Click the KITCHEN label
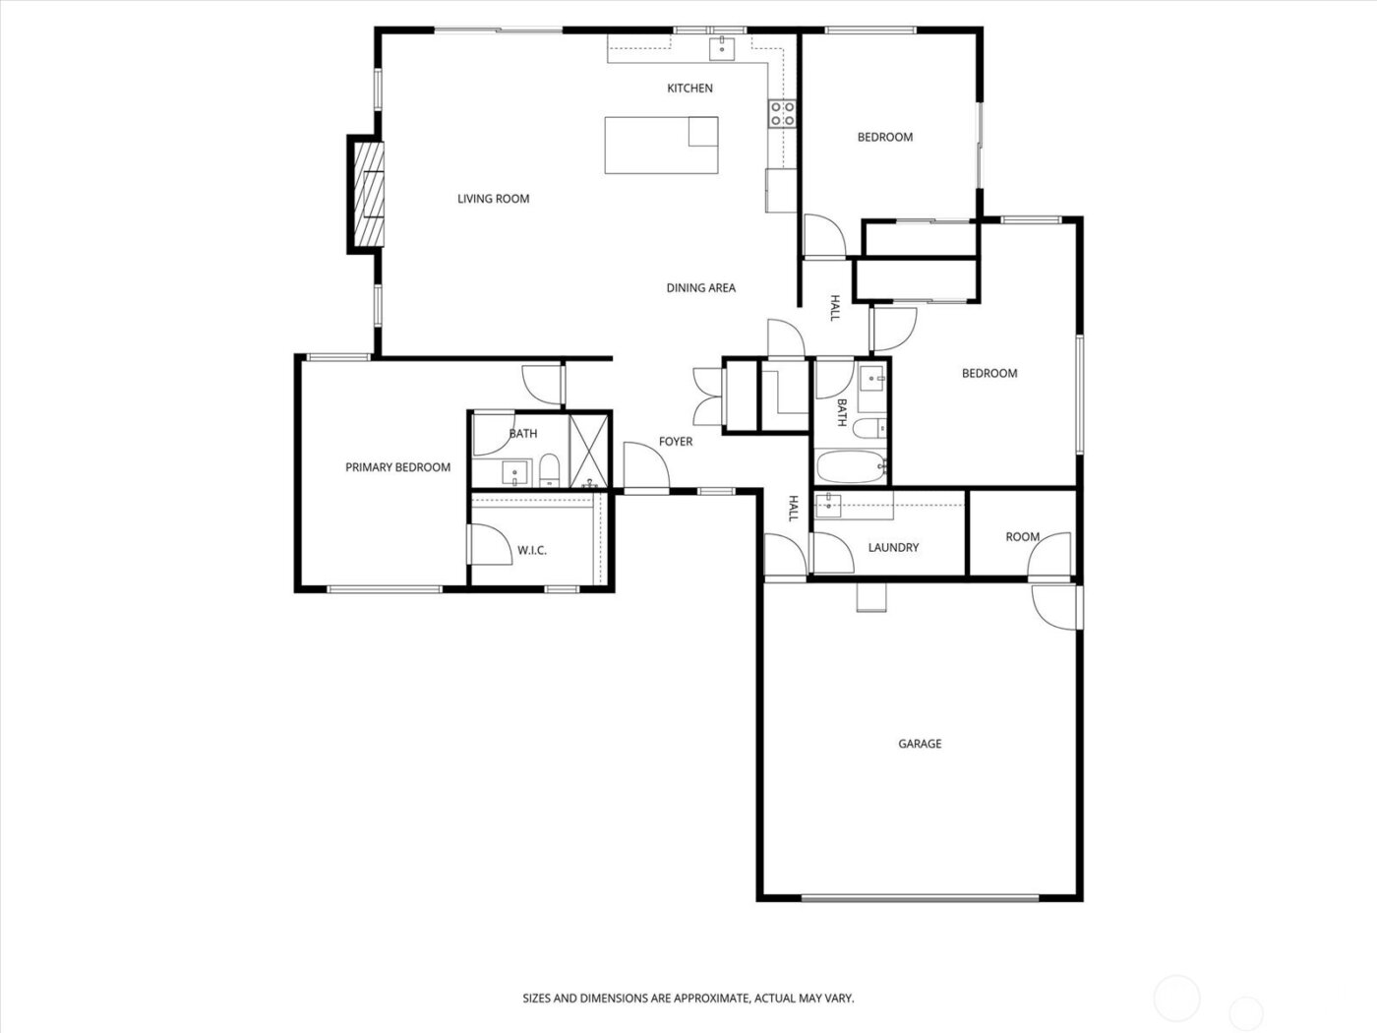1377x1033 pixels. click(689, 89)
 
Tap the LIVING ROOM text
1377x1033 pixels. click(493, 199)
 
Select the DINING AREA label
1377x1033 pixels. click(700, 288)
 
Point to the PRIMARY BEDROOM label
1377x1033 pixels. click(397, 467)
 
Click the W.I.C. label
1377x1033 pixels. click(532, 550)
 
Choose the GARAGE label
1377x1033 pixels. click(920, 744)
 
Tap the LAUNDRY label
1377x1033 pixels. click(893, 547)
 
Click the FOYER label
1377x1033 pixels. click(676, 442)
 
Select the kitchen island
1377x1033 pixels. click(660, 145)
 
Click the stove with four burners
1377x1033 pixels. click(782, 113)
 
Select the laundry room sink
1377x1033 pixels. click(828, 505)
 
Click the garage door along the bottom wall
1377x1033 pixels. click(920, 897)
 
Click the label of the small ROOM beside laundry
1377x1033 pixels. click(1022, 537)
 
